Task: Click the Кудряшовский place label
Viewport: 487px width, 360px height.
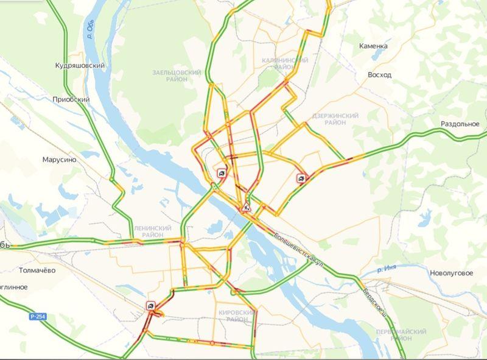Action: [80, 65]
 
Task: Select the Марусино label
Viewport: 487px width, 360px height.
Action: [59, 160]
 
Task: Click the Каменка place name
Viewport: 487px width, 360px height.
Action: [373, 46]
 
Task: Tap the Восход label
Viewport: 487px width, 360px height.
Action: [379, 75]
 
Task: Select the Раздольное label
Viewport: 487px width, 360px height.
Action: [460, 124]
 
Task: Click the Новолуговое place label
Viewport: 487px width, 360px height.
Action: [451, 274]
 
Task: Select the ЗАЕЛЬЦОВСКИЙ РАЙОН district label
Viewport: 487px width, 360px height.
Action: [177, 76]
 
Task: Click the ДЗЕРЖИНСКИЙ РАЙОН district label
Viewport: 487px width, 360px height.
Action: [335, 119]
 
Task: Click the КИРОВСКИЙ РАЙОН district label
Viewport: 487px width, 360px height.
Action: [233, 316]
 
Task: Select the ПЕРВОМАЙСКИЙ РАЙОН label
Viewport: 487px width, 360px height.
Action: [401, 334]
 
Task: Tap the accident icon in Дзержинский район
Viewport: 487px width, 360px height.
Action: [301, 178]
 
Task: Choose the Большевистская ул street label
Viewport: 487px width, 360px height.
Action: [298, 248]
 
